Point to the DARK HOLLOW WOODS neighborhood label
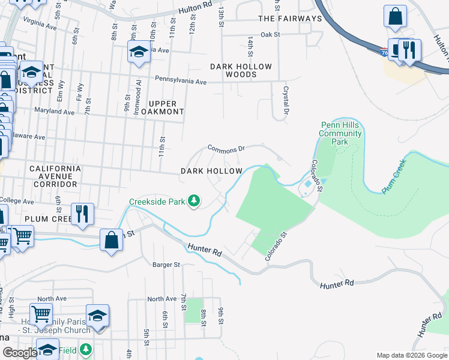click(241, 71)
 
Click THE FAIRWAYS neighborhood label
click(290, 19)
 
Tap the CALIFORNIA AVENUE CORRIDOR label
click(54, 176)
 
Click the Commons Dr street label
click(226, 148)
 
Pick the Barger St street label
click(166, 264)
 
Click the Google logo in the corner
click(20, 353)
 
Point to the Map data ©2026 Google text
click(412, 355)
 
